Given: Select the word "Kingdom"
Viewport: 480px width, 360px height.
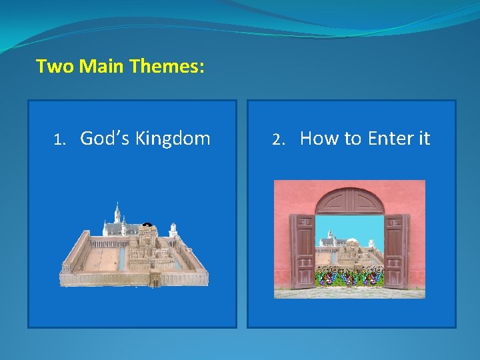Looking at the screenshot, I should click(173, 139).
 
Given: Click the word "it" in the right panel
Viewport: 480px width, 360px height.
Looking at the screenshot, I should click(423, 138).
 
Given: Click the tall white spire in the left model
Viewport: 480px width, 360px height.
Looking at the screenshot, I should click(117, 213).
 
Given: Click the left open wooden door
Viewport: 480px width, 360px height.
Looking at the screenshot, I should click(301, 250).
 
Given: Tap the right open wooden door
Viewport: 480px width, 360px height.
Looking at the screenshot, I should click(397, 250).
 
